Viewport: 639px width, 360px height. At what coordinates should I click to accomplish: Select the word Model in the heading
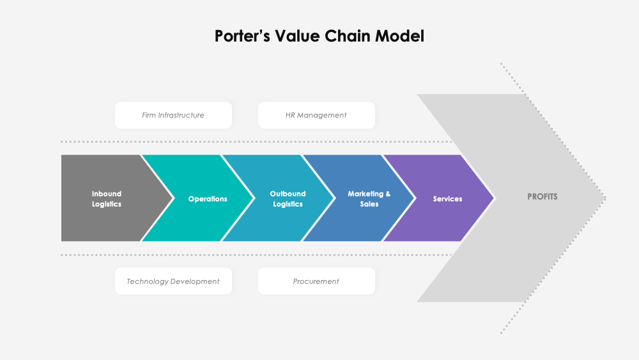pyautogui.click(x=399, y=36)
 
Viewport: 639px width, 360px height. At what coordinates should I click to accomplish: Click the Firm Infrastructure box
pyautogui.click(x=173, y=115)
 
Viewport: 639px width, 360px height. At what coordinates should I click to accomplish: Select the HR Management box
pyautogui.click(x=316, y=115)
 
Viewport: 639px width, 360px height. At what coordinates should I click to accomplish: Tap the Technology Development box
pyautogui.click(x=173, y=281)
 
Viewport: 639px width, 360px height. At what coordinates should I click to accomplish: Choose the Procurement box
pyautogui.click(x=316, y=281)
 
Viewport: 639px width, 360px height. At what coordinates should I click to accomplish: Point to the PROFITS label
pyautogui.click(x=543, y=197)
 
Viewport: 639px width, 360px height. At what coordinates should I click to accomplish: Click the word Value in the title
pyautogui.click(x=298, y=36)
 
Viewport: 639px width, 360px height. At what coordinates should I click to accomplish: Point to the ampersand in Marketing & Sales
pyautogui.click(x=387, y=194)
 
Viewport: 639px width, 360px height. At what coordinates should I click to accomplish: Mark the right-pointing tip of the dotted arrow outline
pyautogui.click(x=604, y=198)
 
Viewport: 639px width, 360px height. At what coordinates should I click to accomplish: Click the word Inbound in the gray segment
pyautogui.click(x=107, y=194)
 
